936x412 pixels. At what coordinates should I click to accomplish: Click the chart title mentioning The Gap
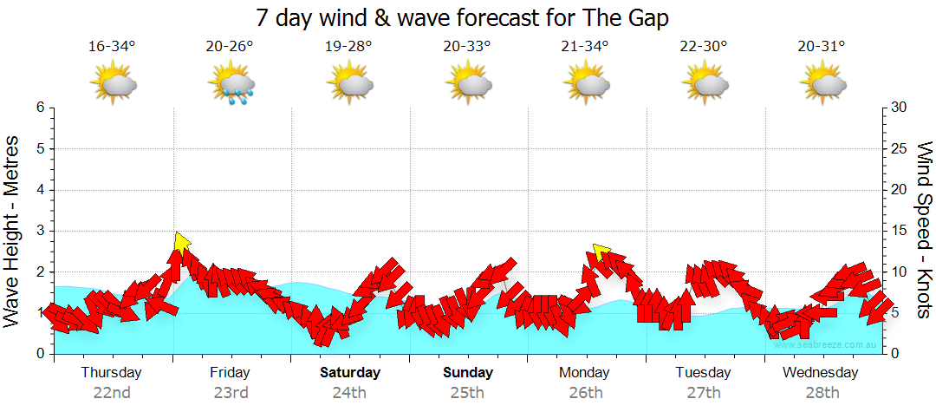pyautogui.click(x=464, y=17)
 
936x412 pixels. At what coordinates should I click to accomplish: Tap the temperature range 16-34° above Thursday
pyautogui.click(x=112, y=46)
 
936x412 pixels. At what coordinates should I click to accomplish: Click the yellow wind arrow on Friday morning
pyautogui.click(x=181, y=240)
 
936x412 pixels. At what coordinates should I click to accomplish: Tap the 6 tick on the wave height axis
pyautogui.click(x=40, y=108)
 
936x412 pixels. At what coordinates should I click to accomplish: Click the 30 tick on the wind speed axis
pyautogui.click(x=899, y=108)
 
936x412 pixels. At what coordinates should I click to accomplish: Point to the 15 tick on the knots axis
pyautogui.click(x=899, y=231)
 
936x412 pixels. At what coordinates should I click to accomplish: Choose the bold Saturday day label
pyautogui.click(x=350, y=373)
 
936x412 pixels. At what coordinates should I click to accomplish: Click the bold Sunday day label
pyautogui.click(x=468, y=373)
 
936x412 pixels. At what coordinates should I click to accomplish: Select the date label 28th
pyautogui.click(x=822, y=392)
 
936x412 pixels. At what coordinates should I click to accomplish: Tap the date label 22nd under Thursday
pyautogui.click(x=112, y=392)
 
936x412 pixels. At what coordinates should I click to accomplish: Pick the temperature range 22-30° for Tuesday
pyautogui.click(x=703, y=46)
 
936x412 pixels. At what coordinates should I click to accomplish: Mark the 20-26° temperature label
pyautogui.click(x=230, y=46)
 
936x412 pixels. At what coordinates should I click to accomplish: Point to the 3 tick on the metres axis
pyautogui.click(x=40, y=231)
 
